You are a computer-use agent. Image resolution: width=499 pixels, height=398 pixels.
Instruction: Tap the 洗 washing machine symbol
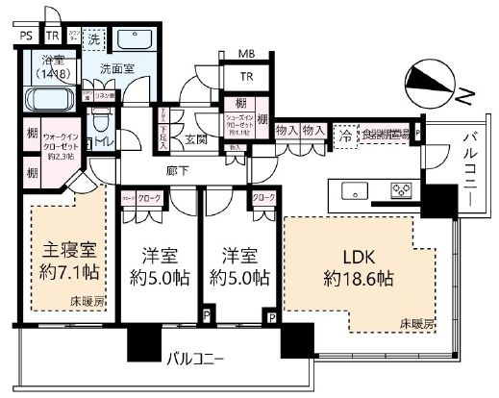pos(94,40)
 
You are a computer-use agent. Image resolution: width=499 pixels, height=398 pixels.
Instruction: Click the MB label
pos(247,56)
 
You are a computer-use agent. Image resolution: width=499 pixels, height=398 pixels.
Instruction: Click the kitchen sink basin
pos(348,188)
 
